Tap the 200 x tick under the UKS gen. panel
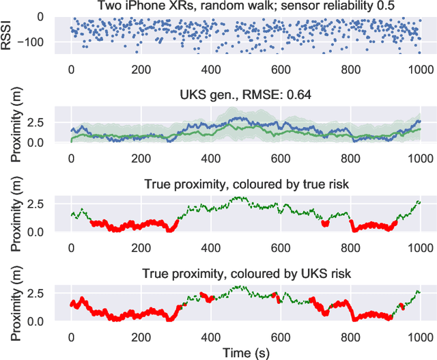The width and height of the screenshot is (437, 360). click(x=141, y=158)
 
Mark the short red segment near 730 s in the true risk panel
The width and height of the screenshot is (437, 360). click(x=324, y=223)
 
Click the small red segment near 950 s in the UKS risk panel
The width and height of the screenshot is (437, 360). click(x=401, y=307)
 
